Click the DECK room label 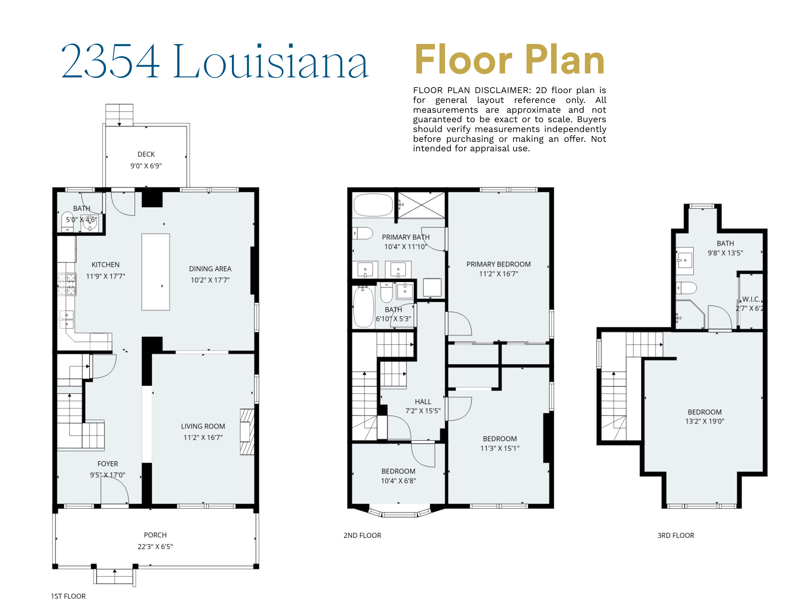[x=146, y=154]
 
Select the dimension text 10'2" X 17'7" [x=210, y=280]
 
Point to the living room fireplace [x=247, y=432]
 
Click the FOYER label [x=108, y=464]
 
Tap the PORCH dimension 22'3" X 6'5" [x=155, y=546]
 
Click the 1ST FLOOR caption [x=68, y=596]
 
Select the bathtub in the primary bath [x=373, y=205]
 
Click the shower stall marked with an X [x=421, y=205]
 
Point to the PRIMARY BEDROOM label [x=498, y=264]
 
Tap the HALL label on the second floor [x=423, y=402]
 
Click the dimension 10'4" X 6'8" [x=398, y=480]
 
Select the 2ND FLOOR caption [x=362, y=535]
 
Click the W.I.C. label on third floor [x=751, y=299]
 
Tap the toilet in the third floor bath [x=686, y=288]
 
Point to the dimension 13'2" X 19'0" [x=705, y=421]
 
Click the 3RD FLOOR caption [x=676, y=535]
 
